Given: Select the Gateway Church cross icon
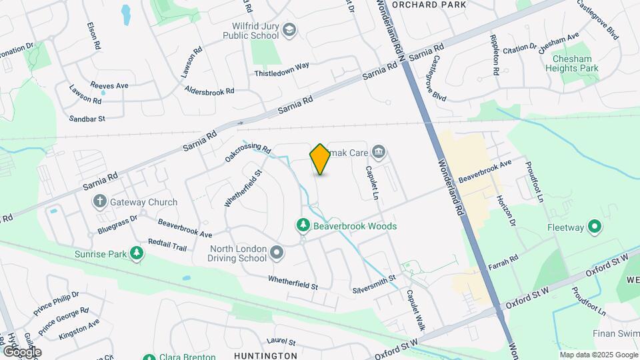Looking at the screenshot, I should point(100,201).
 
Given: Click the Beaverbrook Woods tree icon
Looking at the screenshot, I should point(303,226).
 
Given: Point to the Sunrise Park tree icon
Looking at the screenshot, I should point(137,253).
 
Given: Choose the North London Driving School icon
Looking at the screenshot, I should point(277,253).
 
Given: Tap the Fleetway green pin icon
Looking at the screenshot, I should point(594,227).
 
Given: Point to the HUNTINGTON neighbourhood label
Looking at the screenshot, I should point(265,356).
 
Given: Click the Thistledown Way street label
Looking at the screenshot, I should point(281,68).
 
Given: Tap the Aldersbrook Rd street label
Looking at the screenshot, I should point(210,91).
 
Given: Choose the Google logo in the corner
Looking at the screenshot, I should point(22,351).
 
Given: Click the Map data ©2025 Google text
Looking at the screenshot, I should point(598,355).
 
